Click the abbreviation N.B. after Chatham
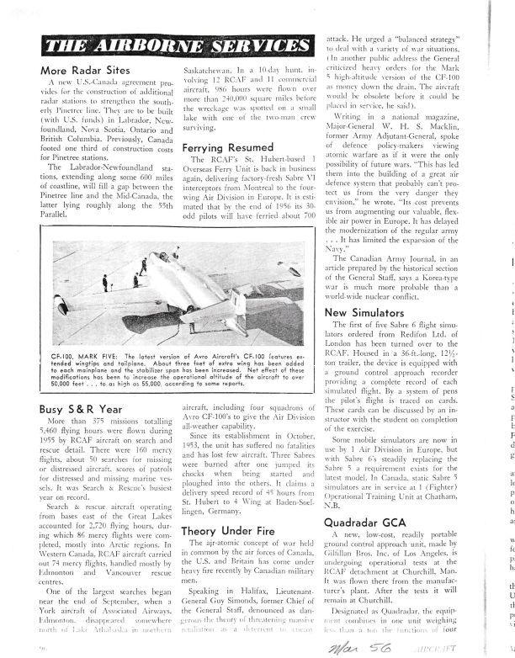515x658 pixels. coord(336,482)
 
